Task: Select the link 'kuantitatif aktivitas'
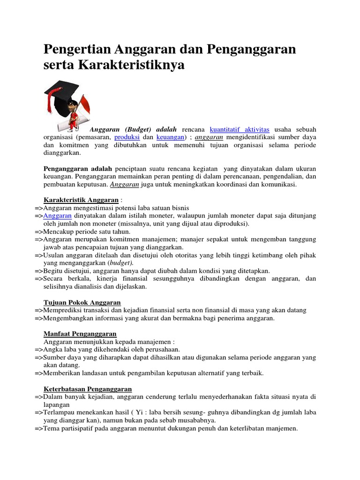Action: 240,129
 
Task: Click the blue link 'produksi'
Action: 127,137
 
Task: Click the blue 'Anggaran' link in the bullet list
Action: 57,216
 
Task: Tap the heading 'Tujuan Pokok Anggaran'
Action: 82,302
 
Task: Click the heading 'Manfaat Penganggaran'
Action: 80,334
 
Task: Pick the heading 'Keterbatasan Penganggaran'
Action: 88,389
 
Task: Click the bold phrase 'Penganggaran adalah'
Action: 78,168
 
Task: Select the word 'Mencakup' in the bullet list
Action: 57,232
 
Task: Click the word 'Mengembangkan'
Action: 68,318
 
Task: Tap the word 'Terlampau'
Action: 58,412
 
